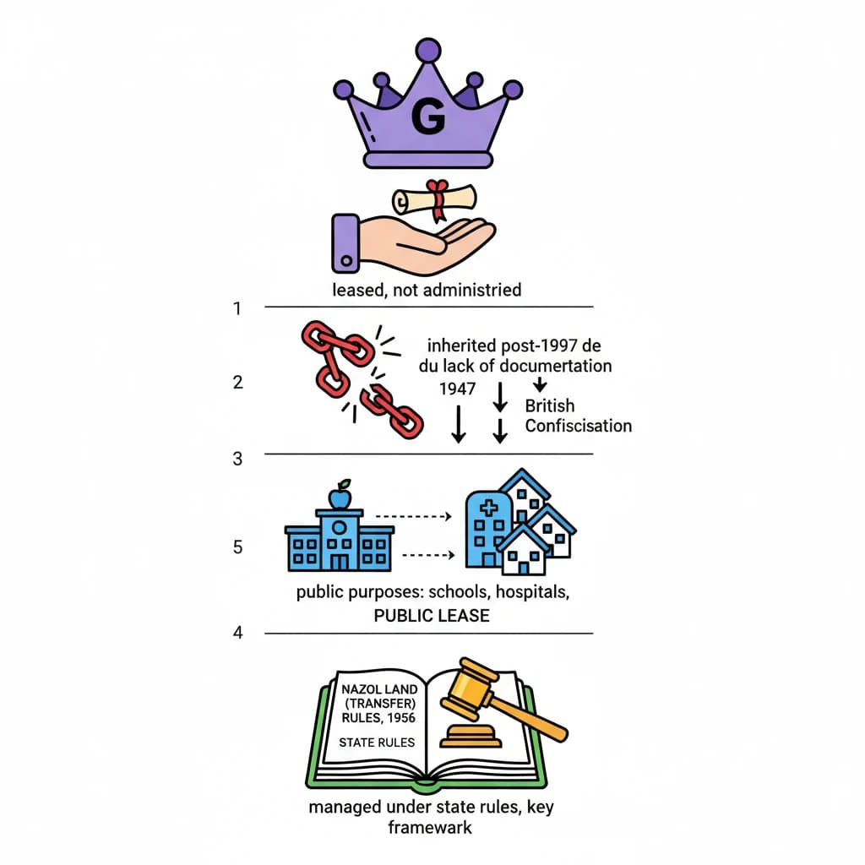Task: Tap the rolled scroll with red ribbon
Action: tap(435, 199)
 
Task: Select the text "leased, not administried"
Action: tap(427, 290)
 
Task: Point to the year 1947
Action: tap(457, 389)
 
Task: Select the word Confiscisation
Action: tap(578, 425)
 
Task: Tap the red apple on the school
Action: tap(340, 498)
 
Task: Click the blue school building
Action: tap(340, 541)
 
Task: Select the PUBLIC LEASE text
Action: tap(432, 616)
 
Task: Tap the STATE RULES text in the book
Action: tap(377, 743)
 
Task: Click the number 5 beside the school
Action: tap(238, 547)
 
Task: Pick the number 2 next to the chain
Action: tap(238, 382)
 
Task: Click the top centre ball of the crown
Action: tap(429, 50)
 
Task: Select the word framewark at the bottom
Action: tap(430, 827)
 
